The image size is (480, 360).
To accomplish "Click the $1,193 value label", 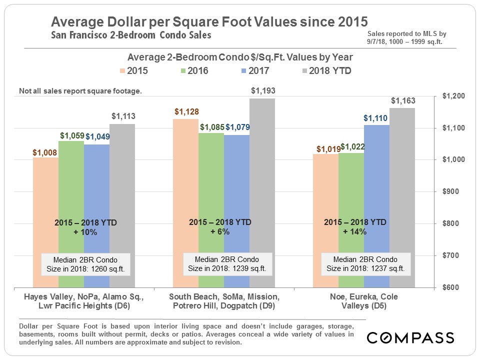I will tap(262, 91).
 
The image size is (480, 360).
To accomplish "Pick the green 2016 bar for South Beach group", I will tap(211, 210).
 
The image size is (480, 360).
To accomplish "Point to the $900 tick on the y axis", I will tap(453, 192).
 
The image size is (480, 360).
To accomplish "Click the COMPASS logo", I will tap(410, 338).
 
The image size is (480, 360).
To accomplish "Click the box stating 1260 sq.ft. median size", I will tap(85, 263).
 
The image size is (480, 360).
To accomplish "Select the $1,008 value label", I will tap(45, 152).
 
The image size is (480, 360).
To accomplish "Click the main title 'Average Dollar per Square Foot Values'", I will tap(209, 22).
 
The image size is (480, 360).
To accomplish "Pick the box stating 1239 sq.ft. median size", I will tap(227, 263).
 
